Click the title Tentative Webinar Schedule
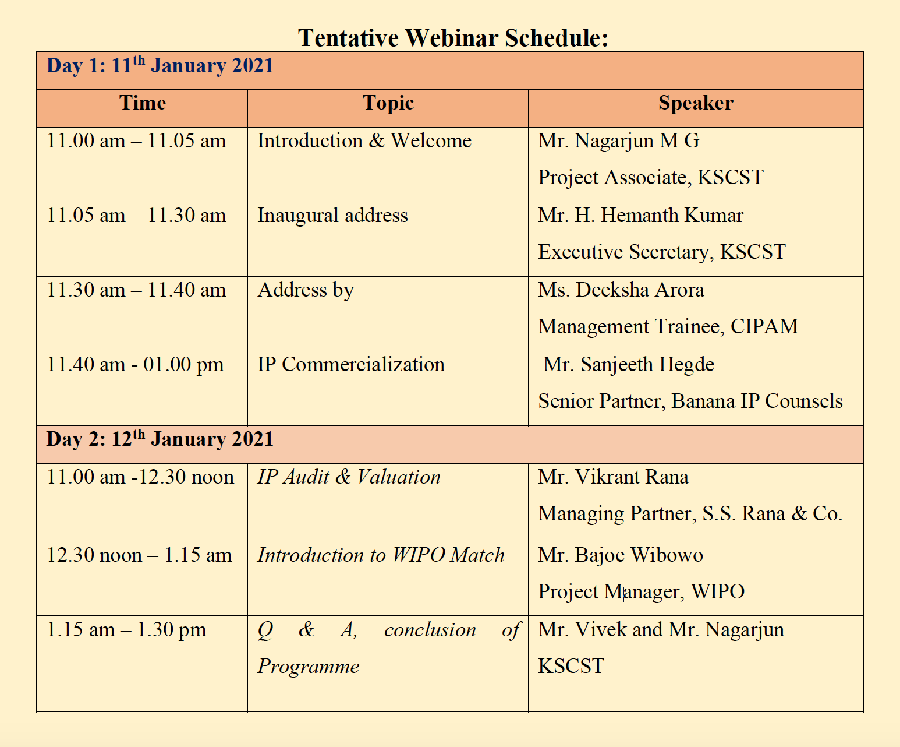[x=453, y=38]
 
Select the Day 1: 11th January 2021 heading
[x=160, y=66]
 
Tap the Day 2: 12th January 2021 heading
[x=160, y=439]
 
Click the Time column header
[x=143, y=103]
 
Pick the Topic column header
[x=388, y=104]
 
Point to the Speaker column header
[x=696, y=104]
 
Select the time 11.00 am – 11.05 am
[x=136, y=141]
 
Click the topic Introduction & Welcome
[x=364, y=141]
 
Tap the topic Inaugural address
[x=333, y=216]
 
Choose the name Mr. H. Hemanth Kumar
[x=640, y=216]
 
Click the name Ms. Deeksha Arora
[x=621, y=290]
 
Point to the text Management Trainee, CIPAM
[x=668, y=327]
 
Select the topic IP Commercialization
[x=351, y=365]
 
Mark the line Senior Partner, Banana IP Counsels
[x=690, y=402]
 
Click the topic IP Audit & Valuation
[x=349, y=477]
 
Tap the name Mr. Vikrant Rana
[x=614, y=477]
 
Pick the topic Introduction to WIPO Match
[x=381, y=555]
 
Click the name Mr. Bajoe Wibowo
[x=621, y=556]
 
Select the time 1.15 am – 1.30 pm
[x=126, y=630]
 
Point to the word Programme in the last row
[x=309, y=667]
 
